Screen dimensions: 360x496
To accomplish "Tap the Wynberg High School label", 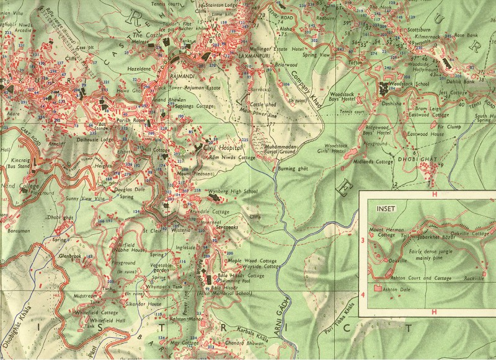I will tap(232, 191).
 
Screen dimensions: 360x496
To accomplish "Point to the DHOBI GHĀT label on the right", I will tap(423, 160).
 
